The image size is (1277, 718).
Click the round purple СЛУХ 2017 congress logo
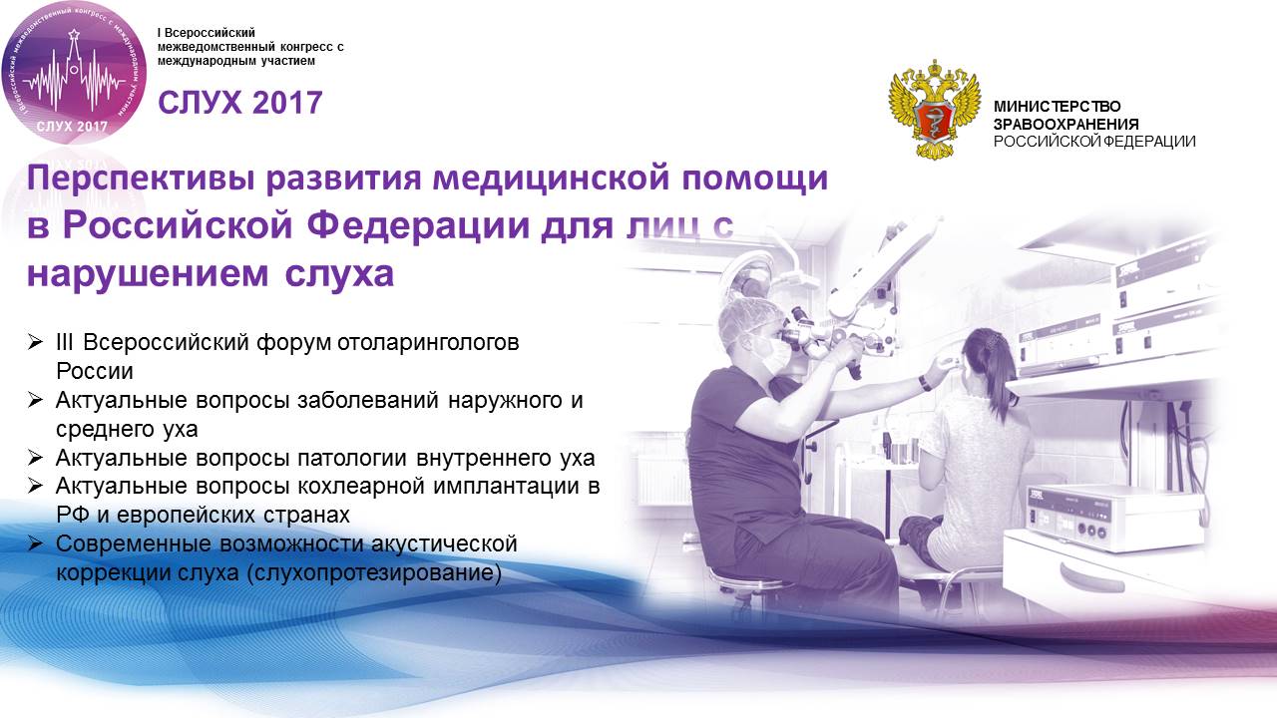point(74,72)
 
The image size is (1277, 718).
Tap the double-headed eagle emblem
point(935,110)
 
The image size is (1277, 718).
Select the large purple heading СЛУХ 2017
point(240,103)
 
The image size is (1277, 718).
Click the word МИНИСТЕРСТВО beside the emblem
point(1057,106)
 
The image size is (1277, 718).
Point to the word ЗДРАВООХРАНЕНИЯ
point(1066,124)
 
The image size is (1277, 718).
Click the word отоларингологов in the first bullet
point(428,343)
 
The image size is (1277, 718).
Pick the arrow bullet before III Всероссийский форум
point(35,342)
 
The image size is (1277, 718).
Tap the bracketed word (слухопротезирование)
point(374,572)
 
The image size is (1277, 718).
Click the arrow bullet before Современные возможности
point(35,543)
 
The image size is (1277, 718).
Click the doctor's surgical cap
point(748,316)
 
